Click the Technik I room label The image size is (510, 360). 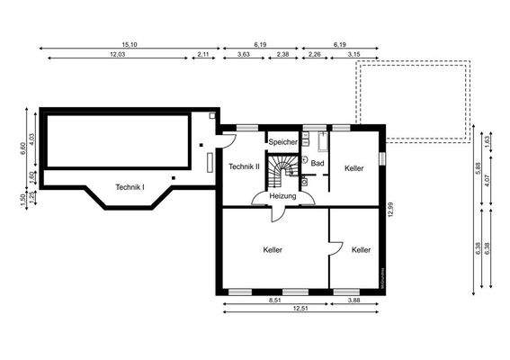pos(130,186)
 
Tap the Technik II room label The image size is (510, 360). pos(244,166)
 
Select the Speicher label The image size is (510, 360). pos(283,142)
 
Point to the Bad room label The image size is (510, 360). pos(318,163)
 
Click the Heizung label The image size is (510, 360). pos(282,195)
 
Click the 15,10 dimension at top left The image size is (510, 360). pos(130,44)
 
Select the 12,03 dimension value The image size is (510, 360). pos(117,55)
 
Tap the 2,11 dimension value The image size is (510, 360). pos(202,55)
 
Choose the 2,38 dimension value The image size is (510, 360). pos(282,55)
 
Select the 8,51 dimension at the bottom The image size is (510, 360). pos(274,300)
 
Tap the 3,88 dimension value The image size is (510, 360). pos(353,300)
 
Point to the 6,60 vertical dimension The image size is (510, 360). pos(23,148)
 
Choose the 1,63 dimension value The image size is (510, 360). pos(488,139)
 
